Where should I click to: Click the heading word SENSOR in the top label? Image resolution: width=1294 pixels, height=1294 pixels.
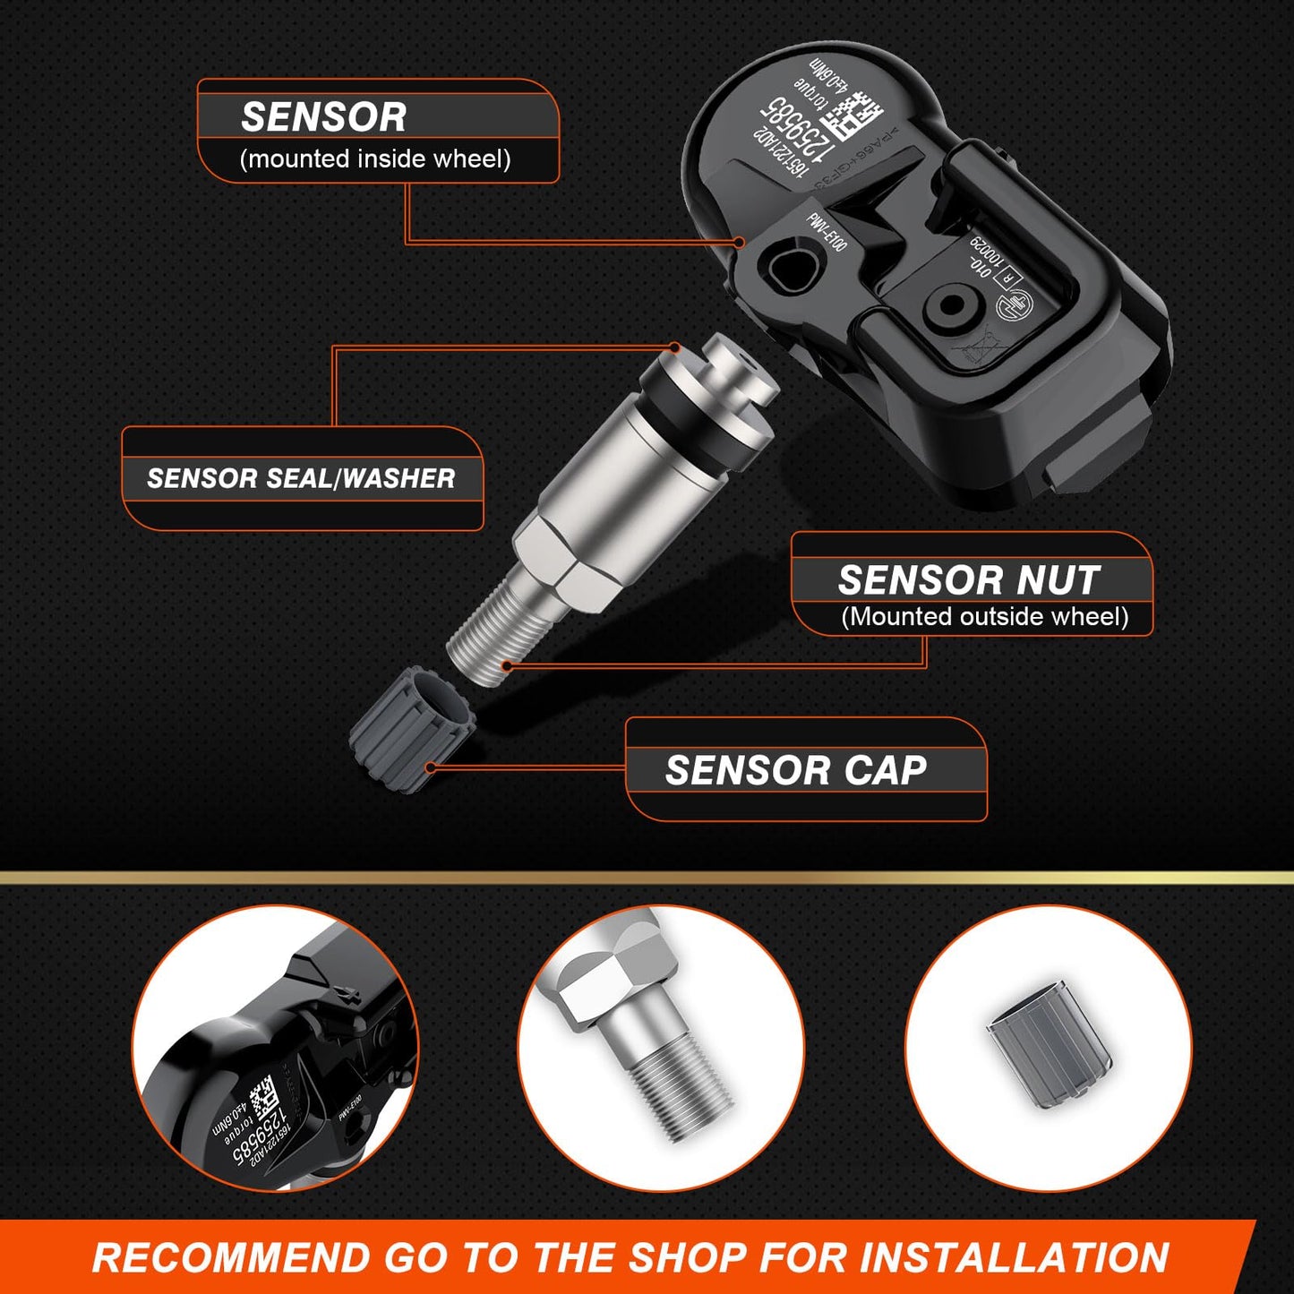[x=323, y=117]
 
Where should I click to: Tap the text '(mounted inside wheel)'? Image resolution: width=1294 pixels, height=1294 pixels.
[x=375, y=159]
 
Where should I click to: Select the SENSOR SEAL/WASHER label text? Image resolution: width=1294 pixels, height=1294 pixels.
[x=301, y=478]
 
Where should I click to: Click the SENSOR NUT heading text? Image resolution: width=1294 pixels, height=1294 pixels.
[x=969, y=580]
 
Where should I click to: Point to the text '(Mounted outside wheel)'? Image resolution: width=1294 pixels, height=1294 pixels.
[x=984, y=617]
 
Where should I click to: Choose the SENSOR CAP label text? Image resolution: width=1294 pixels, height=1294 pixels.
[x=795, y=771]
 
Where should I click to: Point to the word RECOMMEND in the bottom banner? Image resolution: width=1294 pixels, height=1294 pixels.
[x=231, y=1257]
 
